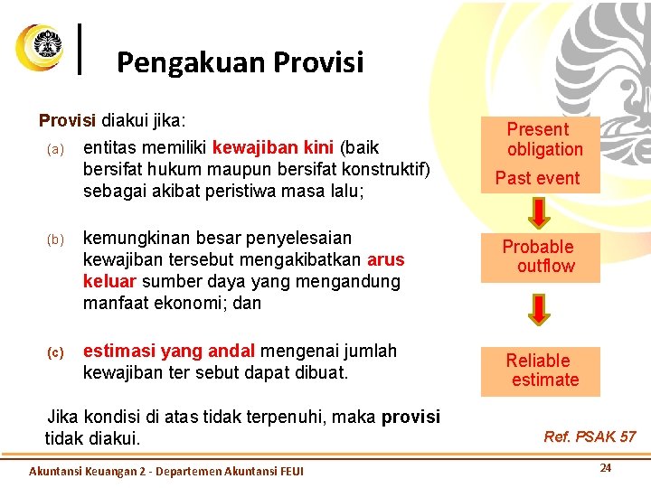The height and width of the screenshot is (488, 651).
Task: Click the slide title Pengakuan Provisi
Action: point(240,62)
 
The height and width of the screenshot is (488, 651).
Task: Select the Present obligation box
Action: point(541,139)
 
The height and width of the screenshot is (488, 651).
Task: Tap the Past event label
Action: point(537,178)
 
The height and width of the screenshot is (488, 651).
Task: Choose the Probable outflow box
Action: point(540,256)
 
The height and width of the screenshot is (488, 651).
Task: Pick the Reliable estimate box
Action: point(540,371)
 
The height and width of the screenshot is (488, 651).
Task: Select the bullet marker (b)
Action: point(56,239)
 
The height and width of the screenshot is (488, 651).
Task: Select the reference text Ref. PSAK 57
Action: point(590,436)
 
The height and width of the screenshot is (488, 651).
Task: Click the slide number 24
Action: point(606,468)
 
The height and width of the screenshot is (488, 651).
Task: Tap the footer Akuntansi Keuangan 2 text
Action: point(166,471)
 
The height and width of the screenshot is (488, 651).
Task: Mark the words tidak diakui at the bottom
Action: point(92,438)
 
